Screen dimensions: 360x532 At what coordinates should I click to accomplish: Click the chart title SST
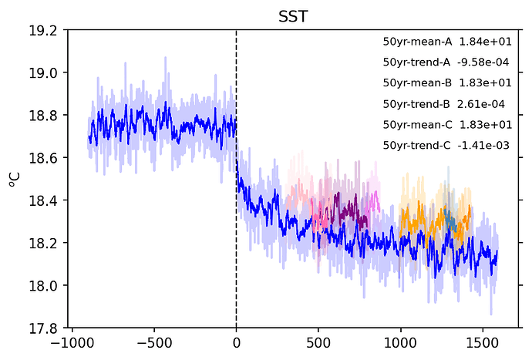294,15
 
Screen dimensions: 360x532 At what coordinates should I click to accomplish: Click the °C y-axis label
14,179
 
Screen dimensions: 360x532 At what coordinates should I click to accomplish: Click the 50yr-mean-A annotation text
421,41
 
